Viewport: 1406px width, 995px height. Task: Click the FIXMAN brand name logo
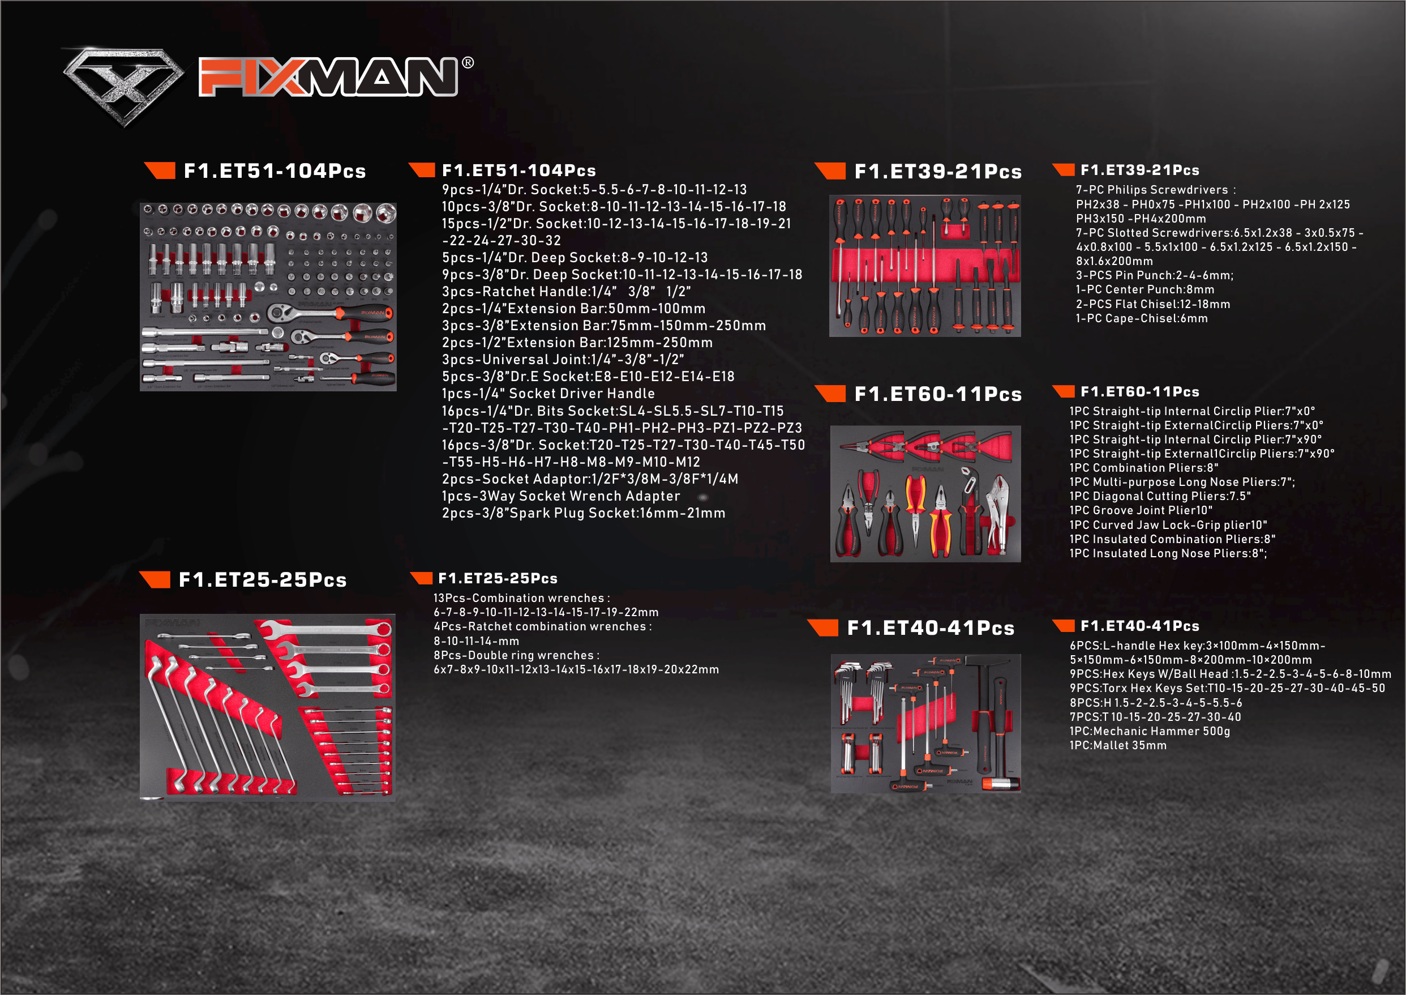328,76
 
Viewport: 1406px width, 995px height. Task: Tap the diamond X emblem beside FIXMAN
124,85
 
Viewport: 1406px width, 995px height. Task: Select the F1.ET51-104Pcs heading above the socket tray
275,171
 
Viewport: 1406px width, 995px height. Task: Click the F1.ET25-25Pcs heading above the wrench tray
263,579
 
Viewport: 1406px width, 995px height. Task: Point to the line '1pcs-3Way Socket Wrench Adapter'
561,496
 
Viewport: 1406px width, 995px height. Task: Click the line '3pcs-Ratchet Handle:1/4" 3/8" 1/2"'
567,291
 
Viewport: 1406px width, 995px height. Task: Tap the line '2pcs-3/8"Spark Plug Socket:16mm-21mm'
584,513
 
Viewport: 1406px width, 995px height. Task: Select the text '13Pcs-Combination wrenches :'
522,598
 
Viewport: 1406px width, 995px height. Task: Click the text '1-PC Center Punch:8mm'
1145,289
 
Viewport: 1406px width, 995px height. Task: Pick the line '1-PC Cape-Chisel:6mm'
1142,318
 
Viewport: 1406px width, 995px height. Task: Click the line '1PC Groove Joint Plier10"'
1141,510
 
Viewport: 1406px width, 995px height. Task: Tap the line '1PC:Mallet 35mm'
1118,745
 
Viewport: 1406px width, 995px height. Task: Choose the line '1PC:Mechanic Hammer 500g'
1150,731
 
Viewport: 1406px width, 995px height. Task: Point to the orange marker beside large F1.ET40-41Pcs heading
823,627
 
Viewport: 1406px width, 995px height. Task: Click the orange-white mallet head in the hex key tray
1001,784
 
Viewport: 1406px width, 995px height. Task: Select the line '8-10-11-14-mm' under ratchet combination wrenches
477,641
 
